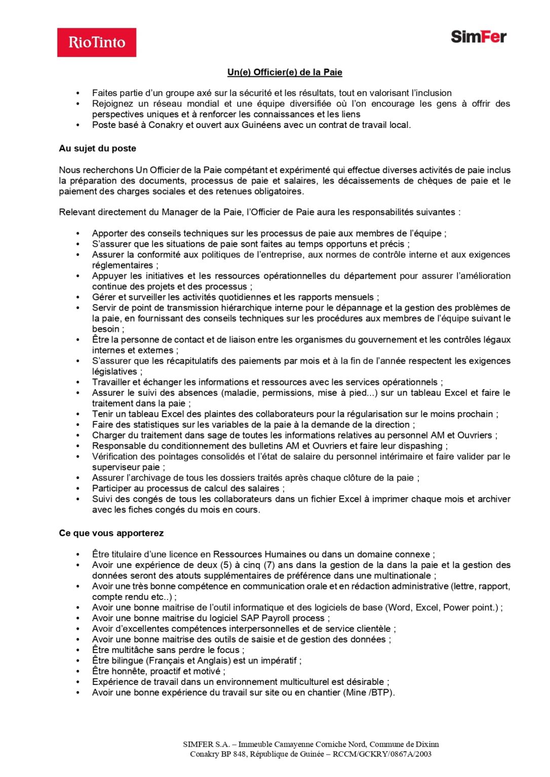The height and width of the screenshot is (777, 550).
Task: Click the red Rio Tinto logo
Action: (x=96, y=42)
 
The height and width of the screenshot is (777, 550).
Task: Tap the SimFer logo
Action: (x=479, y=37)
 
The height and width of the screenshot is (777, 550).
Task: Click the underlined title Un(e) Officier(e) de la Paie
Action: (x=285, y=72)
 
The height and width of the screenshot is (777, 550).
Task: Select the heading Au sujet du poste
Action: (x=97, y=148)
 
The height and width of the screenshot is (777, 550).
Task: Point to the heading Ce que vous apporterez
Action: (x=111, y=533)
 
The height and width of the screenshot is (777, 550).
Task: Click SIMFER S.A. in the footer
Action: (x=206, y=745)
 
